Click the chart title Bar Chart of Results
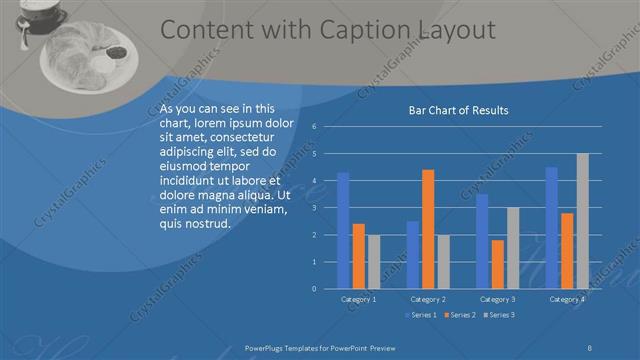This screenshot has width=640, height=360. coord(459,110)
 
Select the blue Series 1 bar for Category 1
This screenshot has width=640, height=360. coord(343,230)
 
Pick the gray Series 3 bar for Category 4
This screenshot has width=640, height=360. coord(582,221)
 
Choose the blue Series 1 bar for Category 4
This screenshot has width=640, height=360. coord(551,228)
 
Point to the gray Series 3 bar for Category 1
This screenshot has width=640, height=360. coord(374,262)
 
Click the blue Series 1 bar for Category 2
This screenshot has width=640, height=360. coord(413,255)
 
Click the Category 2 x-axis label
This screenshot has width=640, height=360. coord(428,299)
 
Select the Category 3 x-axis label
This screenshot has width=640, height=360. coord(497,299)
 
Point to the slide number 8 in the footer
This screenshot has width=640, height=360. coord(590,347)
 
